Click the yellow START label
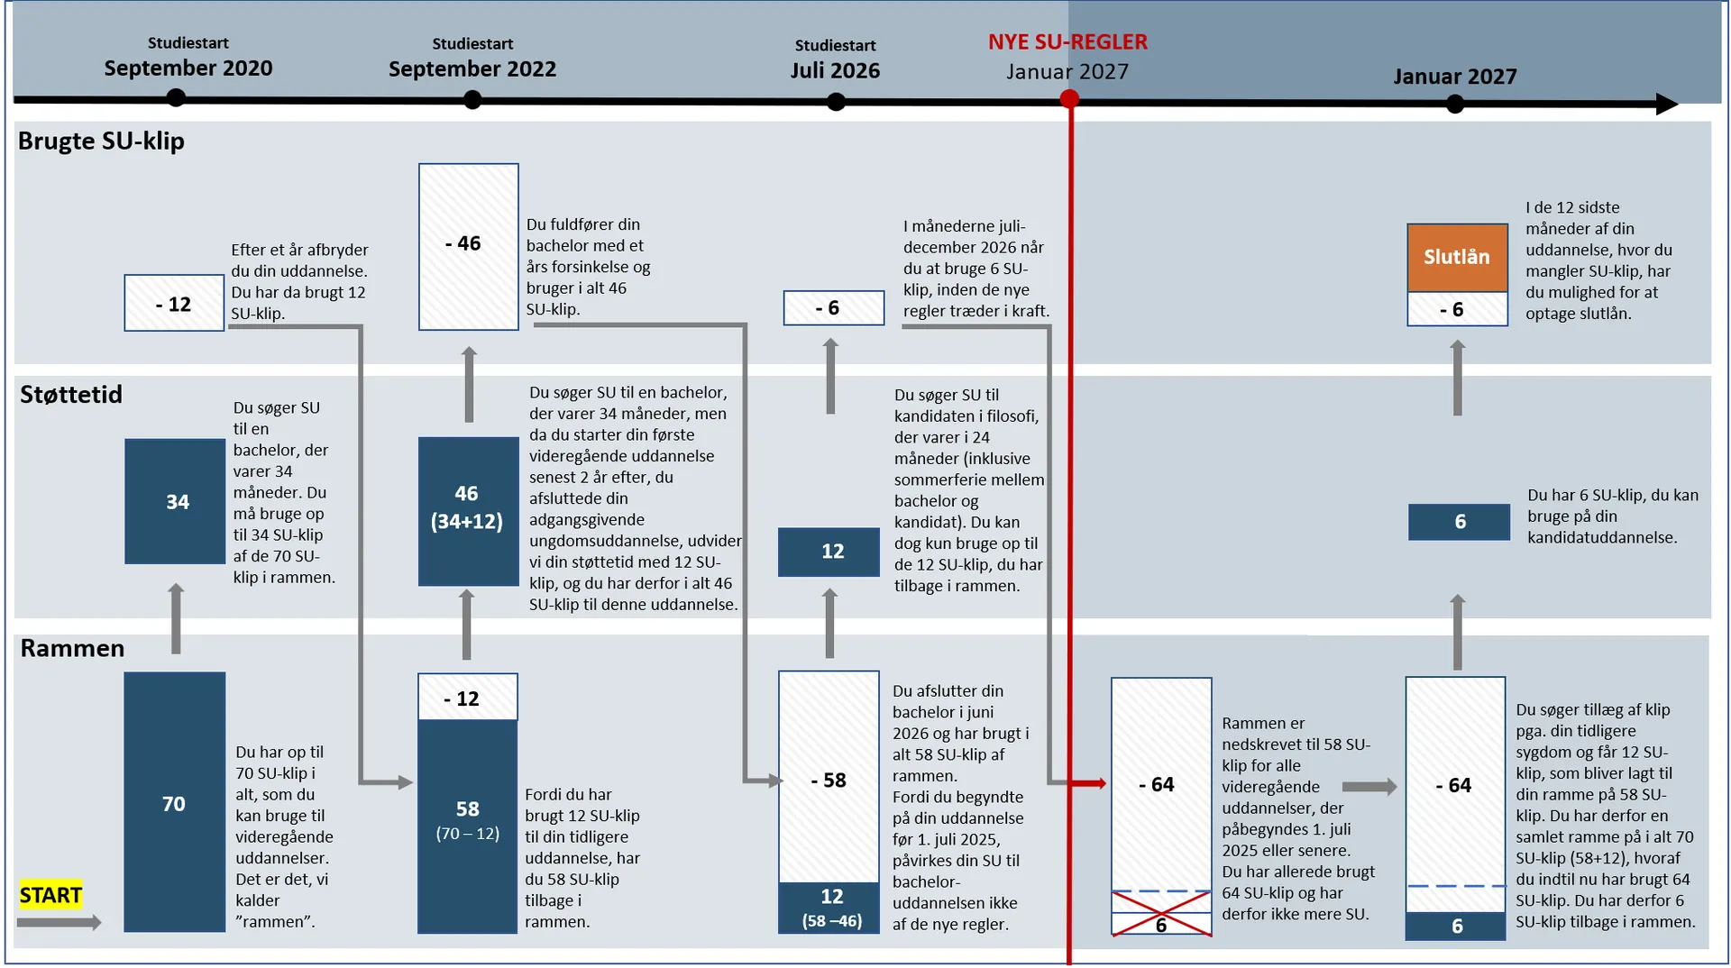(50, 894)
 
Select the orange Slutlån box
(1457, 257)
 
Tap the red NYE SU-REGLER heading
(1067, 41)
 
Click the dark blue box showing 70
(174, 802)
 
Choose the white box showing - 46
(468, 246)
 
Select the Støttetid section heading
(71, 394)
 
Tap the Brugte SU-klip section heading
(101, 141)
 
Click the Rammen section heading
(72, 648)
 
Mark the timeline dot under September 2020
(176, 97)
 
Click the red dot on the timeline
(1069, 99)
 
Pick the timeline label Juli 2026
(835, 70)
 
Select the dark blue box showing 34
(175, 501)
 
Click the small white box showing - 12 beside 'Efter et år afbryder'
(174, 304)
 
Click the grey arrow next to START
(60, 922)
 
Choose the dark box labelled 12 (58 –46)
(829, 908)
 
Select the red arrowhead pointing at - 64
(1097, 783)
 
